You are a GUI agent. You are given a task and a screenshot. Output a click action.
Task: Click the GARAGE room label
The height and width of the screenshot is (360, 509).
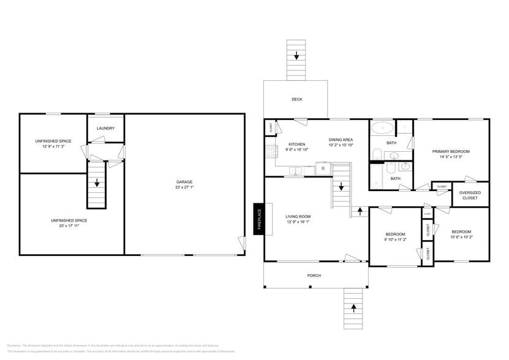184,182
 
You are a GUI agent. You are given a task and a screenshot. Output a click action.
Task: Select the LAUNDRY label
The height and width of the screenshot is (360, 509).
106,128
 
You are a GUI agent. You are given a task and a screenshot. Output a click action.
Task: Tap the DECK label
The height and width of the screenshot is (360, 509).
296,99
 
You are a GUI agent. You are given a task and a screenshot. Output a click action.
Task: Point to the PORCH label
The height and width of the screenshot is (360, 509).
314,276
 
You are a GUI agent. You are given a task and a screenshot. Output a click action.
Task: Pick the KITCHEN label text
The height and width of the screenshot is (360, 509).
297,144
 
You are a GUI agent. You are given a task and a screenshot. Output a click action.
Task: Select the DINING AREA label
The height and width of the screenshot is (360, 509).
341,140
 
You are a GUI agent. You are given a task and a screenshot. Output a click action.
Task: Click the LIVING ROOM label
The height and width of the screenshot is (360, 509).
298,216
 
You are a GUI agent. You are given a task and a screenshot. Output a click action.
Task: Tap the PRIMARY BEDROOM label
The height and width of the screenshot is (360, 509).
451,151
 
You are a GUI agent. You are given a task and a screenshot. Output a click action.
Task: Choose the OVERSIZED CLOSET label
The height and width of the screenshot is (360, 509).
470,195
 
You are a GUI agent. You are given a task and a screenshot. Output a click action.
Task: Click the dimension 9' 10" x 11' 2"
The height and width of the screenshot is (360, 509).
395,240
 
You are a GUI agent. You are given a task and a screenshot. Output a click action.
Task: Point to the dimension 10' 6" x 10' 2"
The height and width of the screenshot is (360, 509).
461,236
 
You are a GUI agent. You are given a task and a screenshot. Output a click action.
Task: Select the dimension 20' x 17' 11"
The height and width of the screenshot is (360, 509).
69,226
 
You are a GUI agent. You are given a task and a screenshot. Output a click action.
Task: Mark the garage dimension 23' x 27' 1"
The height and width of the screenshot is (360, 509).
184,187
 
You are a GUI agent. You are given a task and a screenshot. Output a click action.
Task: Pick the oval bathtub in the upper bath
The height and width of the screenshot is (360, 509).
383,128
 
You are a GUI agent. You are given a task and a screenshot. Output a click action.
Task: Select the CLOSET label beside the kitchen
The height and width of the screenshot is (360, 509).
270,127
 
